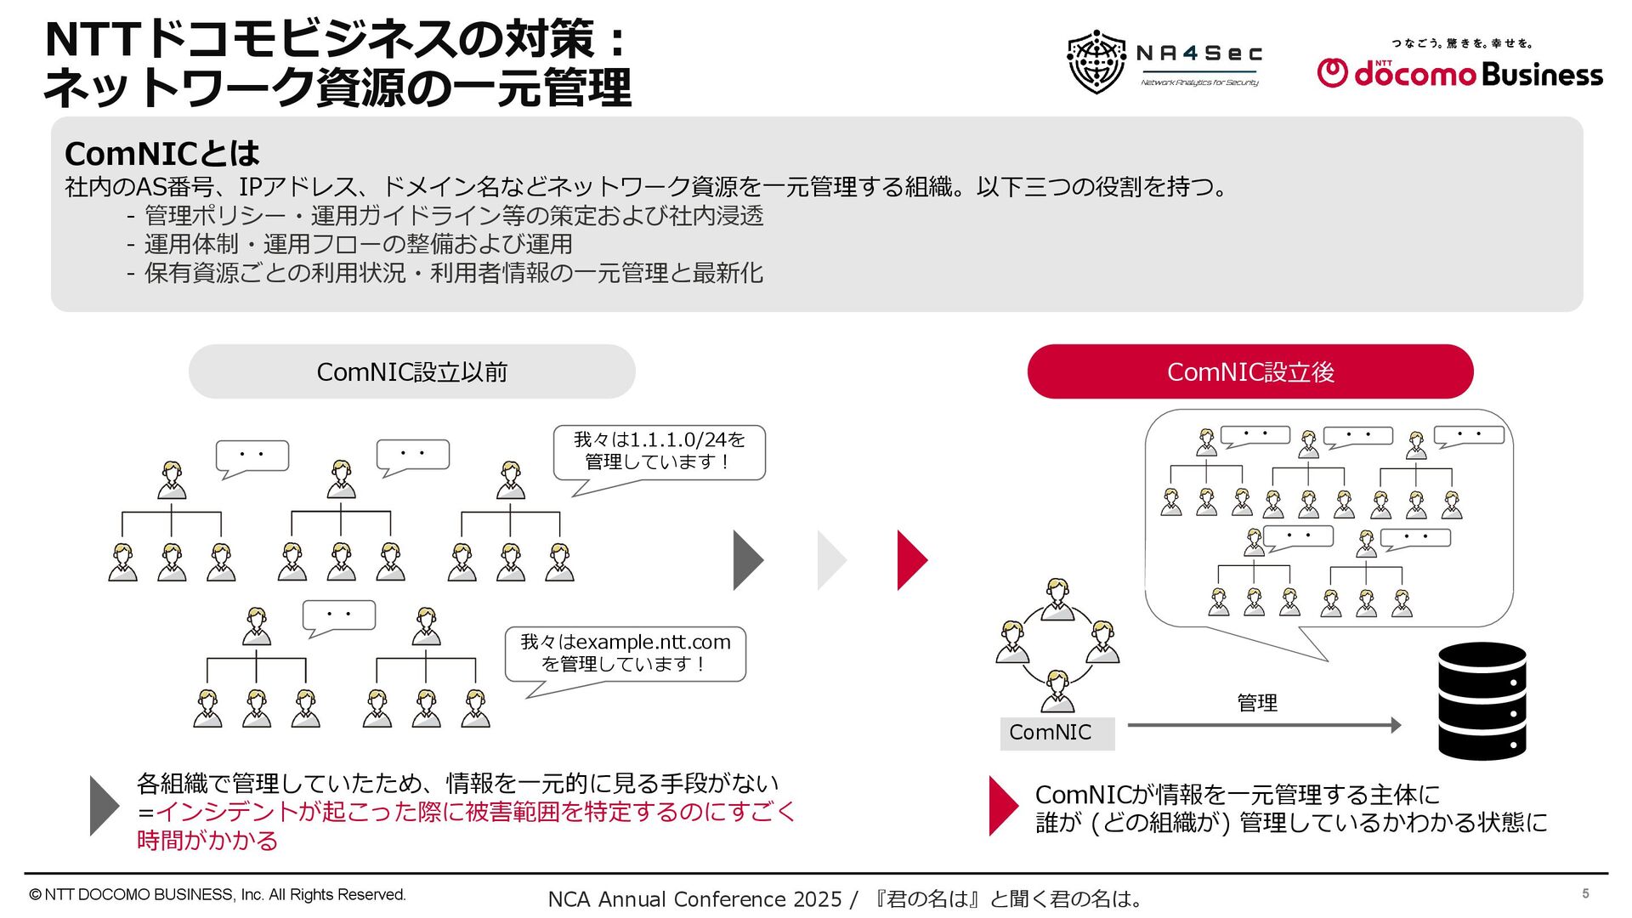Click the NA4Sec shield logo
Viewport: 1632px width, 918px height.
1096,61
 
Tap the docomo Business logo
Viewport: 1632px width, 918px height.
1459,68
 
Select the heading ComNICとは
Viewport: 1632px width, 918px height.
161,154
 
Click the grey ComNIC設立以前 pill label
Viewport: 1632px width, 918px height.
411,371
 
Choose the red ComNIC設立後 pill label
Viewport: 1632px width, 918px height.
1249,371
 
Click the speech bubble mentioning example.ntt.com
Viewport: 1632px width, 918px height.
625,654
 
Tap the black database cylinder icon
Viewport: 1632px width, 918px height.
1482,700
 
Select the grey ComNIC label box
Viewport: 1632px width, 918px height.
1057,733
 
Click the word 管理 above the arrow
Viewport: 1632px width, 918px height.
1257,703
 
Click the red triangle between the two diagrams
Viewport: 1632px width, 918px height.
911,560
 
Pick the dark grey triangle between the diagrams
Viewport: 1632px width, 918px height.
747,560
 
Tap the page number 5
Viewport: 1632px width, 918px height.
1585,893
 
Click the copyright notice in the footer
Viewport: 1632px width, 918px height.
218,895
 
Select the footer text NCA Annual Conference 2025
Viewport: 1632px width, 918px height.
694,899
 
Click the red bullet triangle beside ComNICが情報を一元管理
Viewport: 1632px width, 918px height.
1003,806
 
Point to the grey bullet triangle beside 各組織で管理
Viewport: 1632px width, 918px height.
104,806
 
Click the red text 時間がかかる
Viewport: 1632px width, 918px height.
207,841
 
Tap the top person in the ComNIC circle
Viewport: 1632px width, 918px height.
1057,599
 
